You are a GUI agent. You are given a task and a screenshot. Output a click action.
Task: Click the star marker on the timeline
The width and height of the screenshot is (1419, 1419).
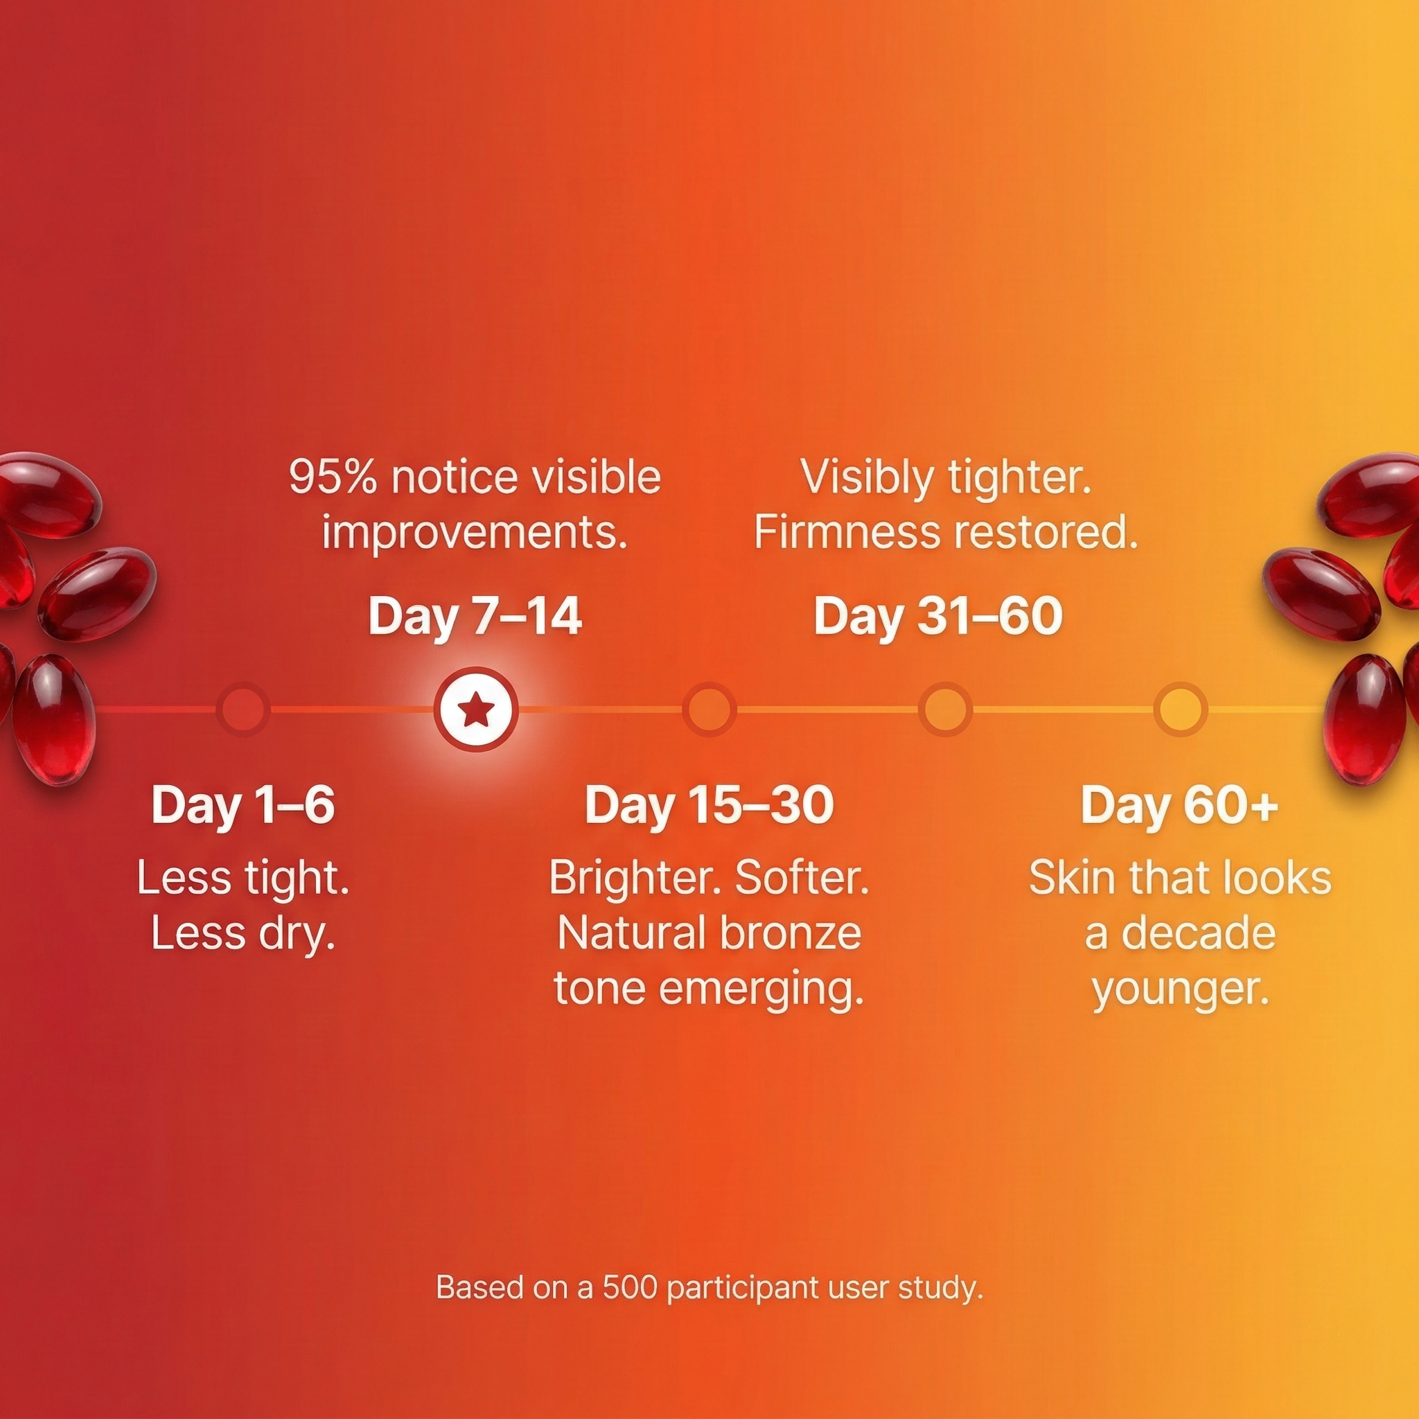[x=476, y=709]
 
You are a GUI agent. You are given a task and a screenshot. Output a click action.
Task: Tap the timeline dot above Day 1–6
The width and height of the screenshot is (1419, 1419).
[x=243, y=709]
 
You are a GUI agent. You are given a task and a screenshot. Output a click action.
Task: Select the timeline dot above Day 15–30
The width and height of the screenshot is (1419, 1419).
[x=709, y=709]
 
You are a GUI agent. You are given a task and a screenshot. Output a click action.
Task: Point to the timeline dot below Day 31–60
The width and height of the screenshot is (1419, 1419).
[x=945, y=709]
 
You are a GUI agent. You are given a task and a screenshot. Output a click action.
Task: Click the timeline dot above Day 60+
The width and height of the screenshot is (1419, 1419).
[x=1180, y=709]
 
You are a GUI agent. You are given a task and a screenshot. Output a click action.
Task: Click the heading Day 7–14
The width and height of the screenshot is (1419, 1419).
[x=475, y=615]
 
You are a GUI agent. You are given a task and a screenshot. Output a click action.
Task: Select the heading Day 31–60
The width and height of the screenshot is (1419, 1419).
[x=938, y=615]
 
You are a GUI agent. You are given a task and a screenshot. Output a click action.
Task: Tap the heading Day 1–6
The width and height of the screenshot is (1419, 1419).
[x=243, y=804]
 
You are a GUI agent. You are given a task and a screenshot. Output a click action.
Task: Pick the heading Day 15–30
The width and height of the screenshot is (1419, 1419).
[x=709, y=804]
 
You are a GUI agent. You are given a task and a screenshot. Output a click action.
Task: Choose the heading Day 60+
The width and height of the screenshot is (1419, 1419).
[x=1179, y=804]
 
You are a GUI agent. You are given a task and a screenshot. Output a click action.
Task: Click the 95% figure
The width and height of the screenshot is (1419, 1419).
[x=333, y=477]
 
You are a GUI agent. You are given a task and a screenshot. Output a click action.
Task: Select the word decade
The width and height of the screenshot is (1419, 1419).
[x=1199, y=933]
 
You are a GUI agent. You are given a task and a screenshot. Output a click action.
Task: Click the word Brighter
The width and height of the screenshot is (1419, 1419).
[x=637, y=878]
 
